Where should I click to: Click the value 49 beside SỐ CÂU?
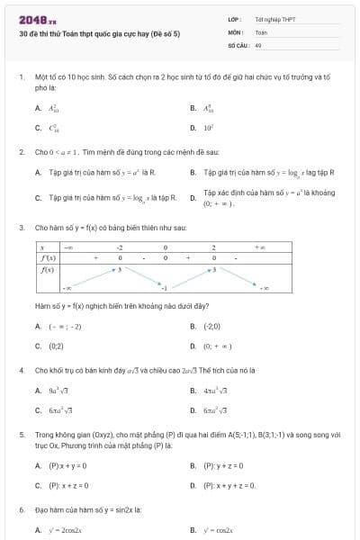click(259, 44)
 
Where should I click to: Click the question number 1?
click(22, 77)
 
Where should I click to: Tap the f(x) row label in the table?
click(49, 268)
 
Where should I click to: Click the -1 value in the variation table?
click(165, 288)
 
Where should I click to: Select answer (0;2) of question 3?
click(56, 345)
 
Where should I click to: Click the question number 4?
click(22, 369)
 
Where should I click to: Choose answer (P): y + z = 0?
click(224, 465)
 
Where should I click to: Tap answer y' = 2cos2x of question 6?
click(64, 530)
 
